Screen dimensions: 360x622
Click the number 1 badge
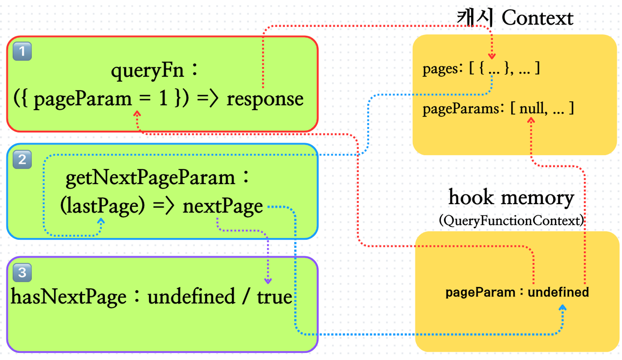coord(22,51)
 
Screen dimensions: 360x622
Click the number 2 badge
coord(22,159)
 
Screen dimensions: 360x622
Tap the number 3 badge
coord(22,272)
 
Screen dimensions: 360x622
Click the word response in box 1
coord(265,99)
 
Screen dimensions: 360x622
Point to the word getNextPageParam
coord(150,178)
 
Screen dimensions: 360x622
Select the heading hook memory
coord(511,198)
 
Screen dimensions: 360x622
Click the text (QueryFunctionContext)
coord(511,221)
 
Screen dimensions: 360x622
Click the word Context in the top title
coord(537,18)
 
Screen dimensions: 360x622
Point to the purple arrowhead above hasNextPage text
coord(268,281)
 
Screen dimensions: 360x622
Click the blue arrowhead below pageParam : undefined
coord(562,308)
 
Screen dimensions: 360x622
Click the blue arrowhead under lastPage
coord(101,221)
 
